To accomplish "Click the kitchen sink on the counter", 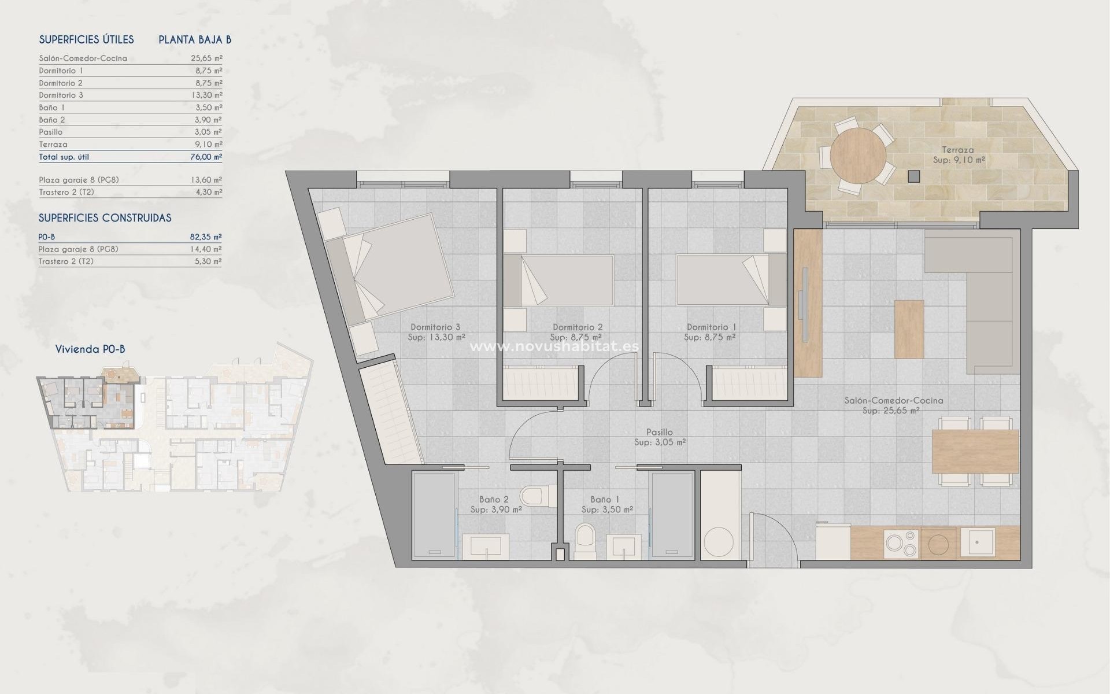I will click(976, 542).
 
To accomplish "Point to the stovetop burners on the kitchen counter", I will click(902, 543).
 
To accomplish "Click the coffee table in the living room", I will click(909, 328).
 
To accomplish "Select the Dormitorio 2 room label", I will click(578, 327).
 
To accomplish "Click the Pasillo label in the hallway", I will click(659, 432).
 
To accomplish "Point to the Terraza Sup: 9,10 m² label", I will click(959, 154).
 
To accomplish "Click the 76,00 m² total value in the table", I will click(207, 157).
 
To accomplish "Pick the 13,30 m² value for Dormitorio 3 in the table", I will click(207, 95).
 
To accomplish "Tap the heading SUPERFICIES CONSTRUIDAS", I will click(105, 218).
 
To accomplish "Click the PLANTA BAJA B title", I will click(195, 39).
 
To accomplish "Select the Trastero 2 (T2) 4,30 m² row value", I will click(208, 192).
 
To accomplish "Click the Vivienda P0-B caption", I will click(90, 349).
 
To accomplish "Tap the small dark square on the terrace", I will click(913, 176).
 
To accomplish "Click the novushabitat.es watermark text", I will click(555, 346).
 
